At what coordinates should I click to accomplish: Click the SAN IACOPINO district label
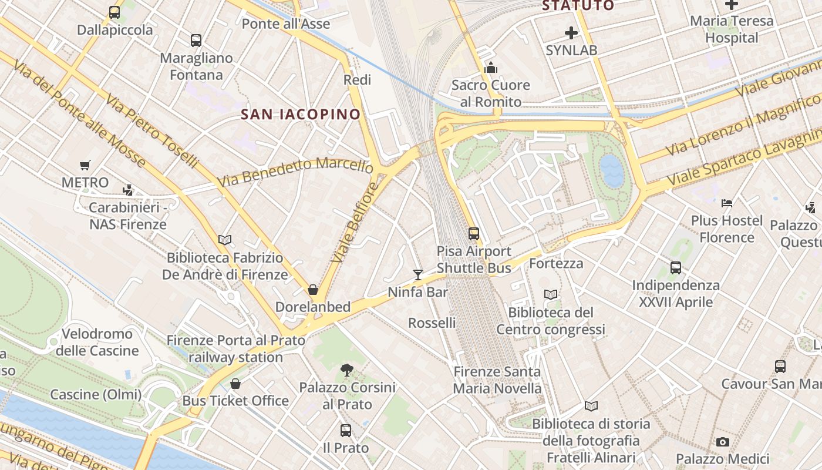pos(301,115)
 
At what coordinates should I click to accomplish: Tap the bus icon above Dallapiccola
pos(114,12)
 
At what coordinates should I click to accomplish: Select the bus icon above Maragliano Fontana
pos(196,41)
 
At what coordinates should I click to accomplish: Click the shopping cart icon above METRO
pos(85,166)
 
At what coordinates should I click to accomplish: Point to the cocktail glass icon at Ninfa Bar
pos(418,274)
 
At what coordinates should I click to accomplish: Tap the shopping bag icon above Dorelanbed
pos(313,290)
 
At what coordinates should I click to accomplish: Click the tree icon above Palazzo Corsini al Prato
pos(347,370)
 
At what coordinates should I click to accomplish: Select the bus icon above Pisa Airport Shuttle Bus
pos(474,233)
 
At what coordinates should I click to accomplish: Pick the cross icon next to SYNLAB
pos(571,33)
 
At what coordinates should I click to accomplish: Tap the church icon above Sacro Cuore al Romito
pos(491,68)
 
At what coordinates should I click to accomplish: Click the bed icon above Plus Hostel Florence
pos(727,203)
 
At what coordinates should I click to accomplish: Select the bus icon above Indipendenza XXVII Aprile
pos(676,268)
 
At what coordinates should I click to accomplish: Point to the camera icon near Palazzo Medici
pos(723,442)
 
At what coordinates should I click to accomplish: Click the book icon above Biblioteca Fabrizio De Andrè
pos(225,240)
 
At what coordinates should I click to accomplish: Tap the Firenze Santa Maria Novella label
pos(497,380)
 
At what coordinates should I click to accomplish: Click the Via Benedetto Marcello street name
pos(295,171)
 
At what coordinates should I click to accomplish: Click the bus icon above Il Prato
pos(346,431)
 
